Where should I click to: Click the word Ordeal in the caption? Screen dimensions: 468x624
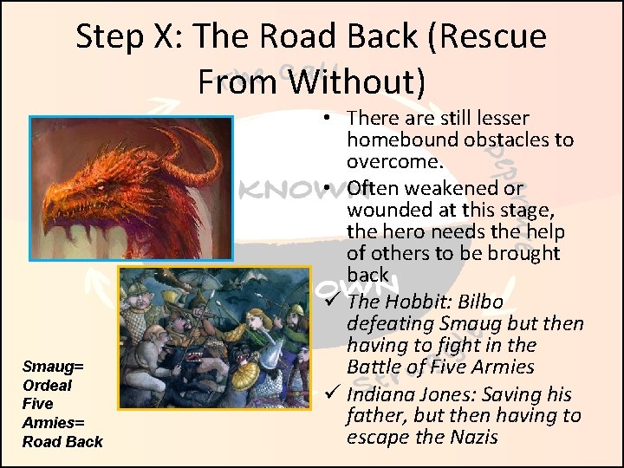coord(48,386)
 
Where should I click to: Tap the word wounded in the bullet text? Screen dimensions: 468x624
coord(385,211)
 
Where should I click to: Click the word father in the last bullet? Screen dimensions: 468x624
coord(374,415)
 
